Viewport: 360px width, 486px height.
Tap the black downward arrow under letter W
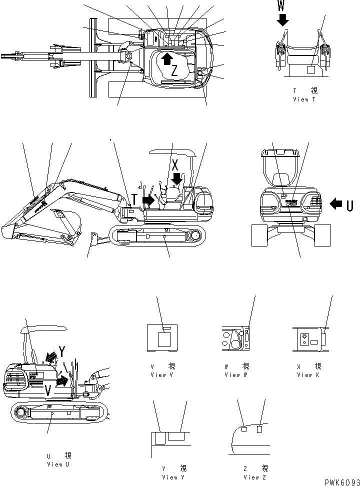tap(283, 19)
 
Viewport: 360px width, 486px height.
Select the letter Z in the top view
tap(173, 71)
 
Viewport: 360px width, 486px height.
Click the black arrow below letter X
tap(176, 177)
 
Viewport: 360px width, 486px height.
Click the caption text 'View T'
tap(304, 99)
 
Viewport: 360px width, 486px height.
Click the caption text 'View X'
tap(308, 374)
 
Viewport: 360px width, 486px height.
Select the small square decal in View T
tap(311, 70)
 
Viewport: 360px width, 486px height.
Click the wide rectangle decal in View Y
tap(177, 436)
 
